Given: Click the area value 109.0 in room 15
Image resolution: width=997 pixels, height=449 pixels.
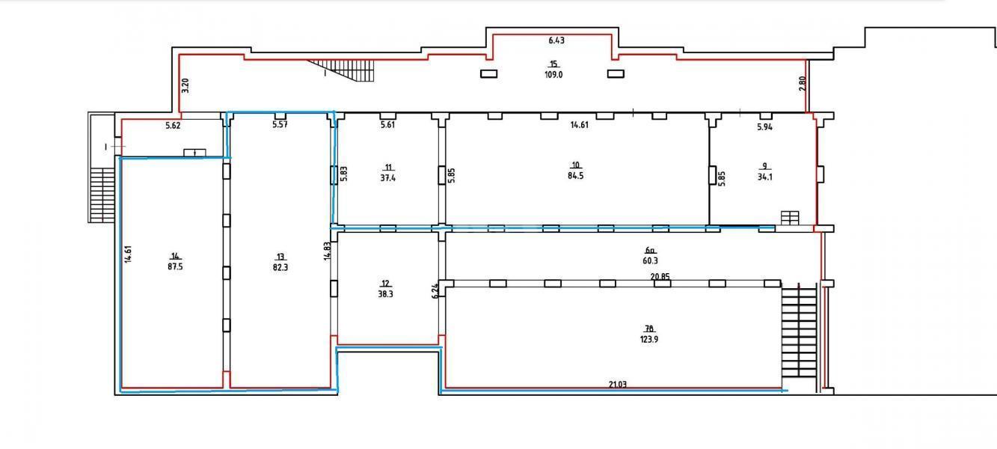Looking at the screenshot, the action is [x=553, y=75].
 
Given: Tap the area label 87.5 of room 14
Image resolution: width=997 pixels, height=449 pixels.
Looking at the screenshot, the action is [x=175, y=267].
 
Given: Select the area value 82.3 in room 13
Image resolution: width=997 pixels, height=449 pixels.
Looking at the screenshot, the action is [x=280, y=267].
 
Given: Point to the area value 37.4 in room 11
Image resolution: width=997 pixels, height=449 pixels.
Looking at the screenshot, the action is [x=387, y=178].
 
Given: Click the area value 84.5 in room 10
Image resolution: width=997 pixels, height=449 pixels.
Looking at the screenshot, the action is [x=575, y=176].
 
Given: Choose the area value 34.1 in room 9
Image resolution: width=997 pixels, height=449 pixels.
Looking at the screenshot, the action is [x=764, y=177].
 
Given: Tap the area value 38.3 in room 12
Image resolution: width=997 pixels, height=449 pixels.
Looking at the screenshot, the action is [x=385, y=294].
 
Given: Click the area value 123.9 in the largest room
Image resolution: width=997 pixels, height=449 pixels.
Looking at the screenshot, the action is [x=649, y=340].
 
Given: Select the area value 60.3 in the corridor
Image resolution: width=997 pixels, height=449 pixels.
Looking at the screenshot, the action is [x=650, y=260].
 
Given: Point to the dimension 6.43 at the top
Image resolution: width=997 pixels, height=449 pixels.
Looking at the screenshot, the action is [x=556, y=40].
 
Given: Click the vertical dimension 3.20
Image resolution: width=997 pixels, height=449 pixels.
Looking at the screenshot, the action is [x=186, y=85].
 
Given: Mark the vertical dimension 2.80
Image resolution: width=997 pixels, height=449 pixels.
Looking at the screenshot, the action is [x=802, y=84].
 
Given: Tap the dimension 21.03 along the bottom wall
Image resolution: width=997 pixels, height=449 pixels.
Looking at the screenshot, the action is [x=617, y=385].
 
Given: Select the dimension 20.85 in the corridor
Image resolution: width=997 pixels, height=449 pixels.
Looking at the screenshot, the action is [x=660, y=277].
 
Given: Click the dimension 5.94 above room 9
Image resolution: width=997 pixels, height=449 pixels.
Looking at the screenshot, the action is [x=764, y=127].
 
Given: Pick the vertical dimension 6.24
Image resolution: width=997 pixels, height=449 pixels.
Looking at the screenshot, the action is [x=435, y=291].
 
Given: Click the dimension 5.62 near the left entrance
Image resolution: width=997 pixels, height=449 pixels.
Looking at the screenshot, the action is [x=173, y=126].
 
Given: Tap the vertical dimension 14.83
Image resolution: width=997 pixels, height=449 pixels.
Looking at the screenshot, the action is [x=327, y=251].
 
